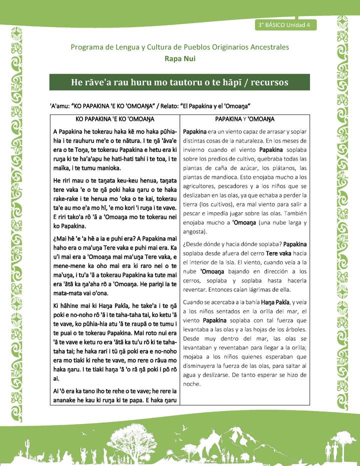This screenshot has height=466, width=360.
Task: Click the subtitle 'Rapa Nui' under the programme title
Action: (180, 58)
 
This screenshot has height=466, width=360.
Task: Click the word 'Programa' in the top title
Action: (88, 47)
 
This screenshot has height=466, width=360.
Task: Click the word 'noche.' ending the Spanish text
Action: (191, 384)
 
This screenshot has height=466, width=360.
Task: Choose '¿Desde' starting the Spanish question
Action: (195, 244)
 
